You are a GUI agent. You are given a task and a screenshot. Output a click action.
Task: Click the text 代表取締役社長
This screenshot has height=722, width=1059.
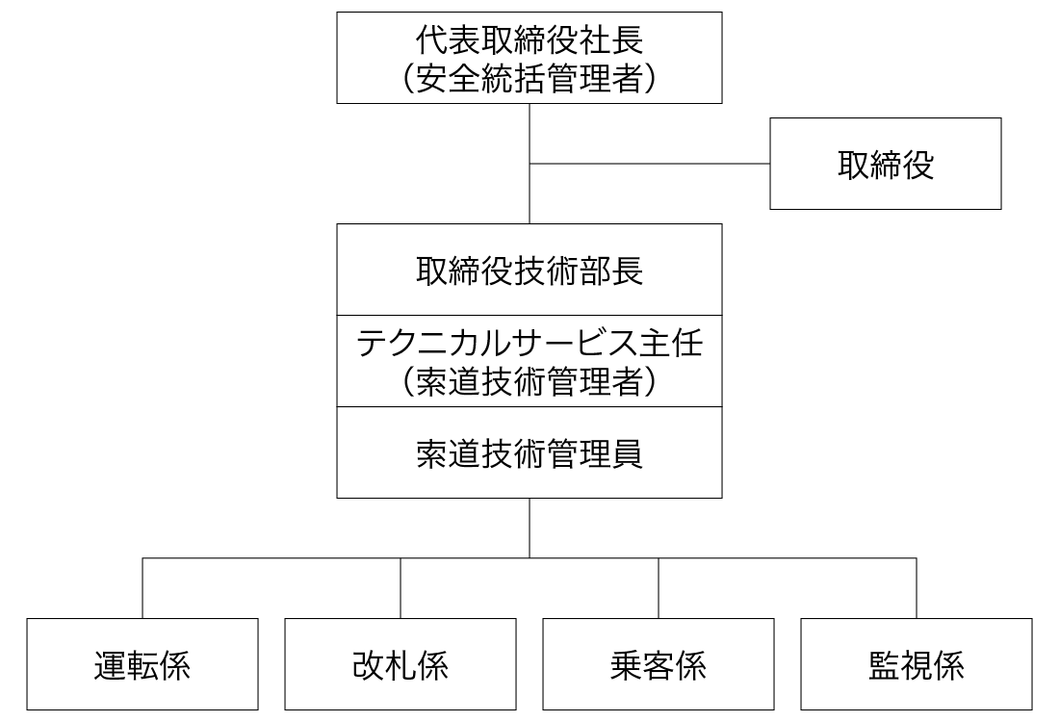pyautogui.click(x=529, y=41)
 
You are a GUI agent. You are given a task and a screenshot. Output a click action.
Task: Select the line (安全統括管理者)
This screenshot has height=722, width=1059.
pyautogui.click(x=529, y=78)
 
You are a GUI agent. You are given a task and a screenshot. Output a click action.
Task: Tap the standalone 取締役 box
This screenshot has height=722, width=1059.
pyautogui.click(x=886, y=165)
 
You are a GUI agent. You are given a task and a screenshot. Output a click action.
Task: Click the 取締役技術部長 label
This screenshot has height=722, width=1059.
pyautogui.click(x=529, y=271)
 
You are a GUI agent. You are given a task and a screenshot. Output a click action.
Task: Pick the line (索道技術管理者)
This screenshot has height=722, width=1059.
pyautogui.click(x=529, y=382)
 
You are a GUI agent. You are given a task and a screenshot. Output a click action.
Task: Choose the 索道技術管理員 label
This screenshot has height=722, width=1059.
pyautogui.click(x=529, y=453)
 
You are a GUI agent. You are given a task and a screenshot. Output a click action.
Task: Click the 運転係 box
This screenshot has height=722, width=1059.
pyautogui.click(x=142, y=665)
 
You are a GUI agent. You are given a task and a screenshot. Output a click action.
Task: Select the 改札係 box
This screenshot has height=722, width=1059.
pyautogui.click(x=400, y=665)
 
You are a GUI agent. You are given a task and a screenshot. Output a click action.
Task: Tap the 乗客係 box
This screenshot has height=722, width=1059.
pyautogui.click(x=659, y=665)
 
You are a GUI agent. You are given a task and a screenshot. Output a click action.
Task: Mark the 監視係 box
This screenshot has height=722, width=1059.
pyautogui.click(x=917, y=665)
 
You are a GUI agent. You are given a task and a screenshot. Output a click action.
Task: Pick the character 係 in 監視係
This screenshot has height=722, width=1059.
pyautogui.click(x=948, y=665)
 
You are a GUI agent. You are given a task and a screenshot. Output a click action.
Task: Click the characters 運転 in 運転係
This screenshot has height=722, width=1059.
pyautogui.click(x=126, y=665)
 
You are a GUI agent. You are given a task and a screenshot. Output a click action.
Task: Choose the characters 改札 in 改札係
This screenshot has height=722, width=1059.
pyautogui.click(x=384, y=665)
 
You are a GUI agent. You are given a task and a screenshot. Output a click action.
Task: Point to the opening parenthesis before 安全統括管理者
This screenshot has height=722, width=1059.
pyautogui.click(x=409, y=78)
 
